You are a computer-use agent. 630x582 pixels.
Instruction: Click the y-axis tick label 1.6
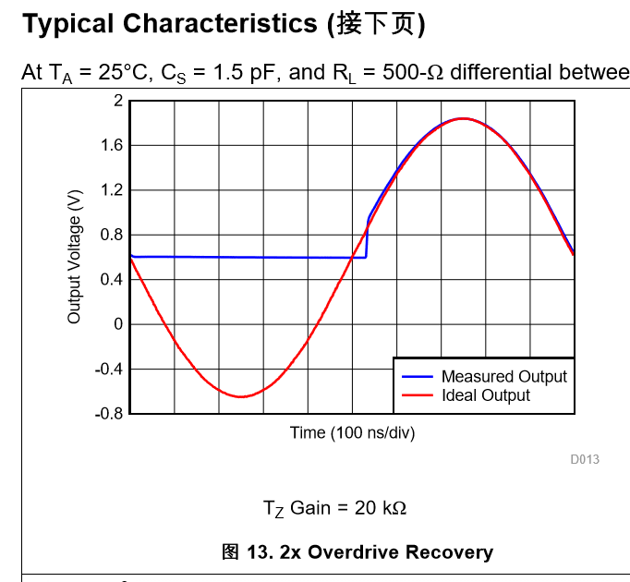111,145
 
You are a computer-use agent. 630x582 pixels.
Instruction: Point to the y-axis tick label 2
117,101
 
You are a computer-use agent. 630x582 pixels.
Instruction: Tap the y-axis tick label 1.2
111,190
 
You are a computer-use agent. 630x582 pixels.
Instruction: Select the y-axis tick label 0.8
111,235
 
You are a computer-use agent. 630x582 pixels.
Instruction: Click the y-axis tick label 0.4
111,279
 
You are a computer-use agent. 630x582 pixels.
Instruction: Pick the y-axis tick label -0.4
109,369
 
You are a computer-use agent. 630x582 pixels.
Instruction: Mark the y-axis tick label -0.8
109,414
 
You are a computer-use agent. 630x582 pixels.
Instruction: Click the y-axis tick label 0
117,324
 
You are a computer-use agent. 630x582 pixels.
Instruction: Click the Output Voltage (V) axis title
75,258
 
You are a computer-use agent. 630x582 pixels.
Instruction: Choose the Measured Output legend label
503,376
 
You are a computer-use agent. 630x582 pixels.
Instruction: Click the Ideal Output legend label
485,395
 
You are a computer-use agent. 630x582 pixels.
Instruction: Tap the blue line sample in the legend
417,376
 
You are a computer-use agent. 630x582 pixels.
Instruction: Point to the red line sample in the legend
417,395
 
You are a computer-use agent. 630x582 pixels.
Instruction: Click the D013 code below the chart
585,459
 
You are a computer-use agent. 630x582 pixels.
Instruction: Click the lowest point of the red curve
241,396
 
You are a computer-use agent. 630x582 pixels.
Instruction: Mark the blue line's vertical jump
367,238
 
